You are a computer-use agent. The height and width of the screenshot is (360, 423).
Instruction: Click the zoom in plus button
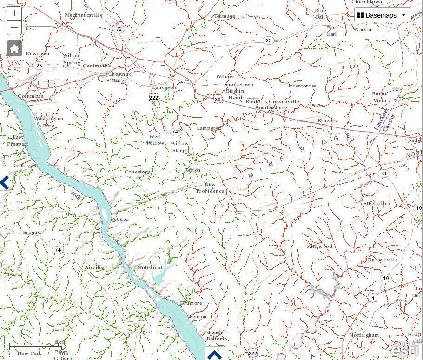click(x=14, y=13)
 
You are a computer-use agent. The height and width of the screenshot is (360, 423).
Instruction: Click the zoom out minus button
click(x=14, y=27)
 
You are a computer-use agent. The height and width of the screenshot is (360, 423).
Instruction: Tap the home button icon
click(x=14, y=48)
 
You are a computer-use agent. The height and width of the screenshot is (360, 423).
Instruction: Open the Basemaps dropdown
click(x=383, y=15)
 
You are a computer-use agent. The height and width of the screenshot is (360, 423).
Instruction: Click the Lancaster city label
click(x=165, y=87)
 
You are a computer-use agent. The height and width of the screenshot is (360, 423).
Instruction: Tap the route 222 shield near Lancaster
click(x=153, y=97)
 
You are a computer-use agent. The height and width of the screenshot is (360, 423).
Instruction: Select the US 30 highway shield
click(x=218, y=99)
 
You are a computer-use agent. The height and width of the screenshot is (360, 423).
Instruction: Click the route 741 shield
click(x=176, y=132)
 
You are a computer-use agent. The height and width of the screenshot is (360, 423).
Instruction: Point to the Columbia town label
click(x=31, y=96)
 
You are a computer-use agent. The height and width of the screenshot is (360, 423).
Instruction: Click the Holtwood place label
click(x=150, y=268)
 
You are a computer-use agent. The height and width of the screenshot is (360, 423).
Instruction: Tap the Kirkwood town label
click(x=319, y=246)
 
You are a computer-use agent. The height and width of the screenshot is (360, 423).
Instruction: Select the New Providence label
click(x=210, y=188)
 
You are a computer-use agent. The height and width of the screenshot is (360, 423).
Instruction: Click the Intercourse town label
click(x=302, y=86)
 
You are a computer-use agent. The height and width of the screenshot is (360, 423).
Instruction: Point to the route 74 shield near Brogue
click(x=58, y=250)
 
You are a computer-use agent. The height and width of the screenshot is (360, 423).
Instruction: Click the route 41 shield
click(x=383, y=173)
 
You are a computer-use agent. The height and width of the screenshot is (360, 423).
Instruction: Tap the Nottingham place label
click(x=364, y=335)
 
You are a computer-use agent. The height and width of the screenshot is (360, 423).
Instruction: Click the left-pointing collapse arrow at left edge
click(x=5, y=182)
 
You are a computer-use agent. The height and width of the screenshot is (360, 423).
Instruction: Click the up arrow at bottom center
click(x=214, y=355)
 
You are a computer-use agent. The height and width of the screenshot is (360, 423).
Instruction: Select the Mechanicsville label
click(x=84, y=15)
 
